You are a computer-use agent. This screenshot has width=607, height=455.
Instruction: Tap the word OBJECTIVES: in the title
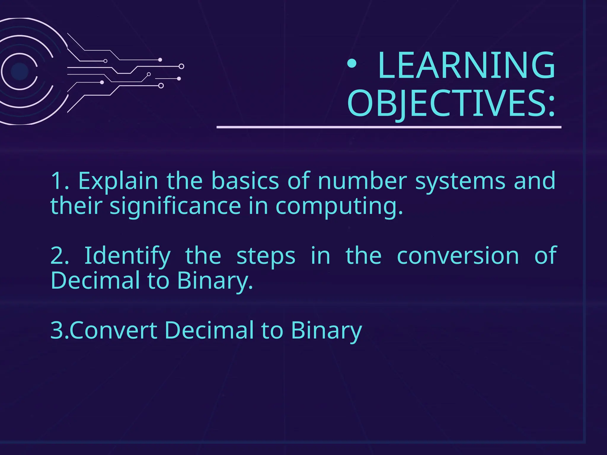[x=451, y=103]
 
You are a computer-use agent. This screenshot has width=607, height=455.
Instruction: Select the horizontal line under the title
[x=389, y=127]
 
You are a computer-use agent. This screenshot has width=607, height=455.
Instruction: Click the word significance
[x=175, y=206]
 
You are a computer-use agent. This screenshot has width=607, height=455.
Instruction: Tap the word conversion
[x=458, y=256]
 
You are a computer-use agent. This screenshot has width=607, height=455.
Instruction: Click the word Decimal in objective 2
[x=95, y=280]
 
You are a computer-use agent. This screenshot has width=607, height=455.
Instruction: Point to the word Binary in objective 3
[x=326, y=331]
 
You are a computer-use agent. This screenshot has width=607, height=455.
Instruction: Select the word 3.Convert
[x=104, y=331]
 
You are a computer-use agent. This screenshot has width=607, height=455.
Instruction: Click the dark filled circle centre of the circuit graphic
[x=20, y=71]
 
